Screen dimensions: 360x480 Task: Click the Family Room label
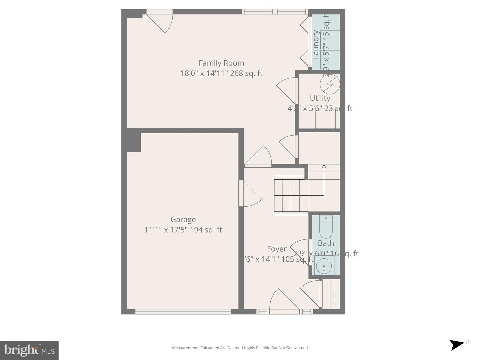[221, 63]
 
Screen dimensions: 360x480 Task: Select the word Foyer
[277, 249]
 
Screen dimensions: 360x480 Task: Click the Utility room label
[320, 98]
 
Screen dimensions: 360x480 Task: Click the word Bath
[326, 243]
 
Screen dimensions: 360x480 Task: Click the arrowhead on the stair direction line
[324, 166]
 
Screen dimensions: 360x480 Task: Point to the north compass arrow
[457, 344]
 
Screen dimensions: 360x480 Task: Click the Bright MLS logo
[29, 350]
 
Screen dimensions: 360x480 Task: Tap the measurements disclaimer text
[240, 348]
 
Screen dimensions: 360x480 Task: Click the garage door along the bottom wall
[183, 312]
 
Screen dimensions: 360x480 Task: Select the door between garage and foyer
[250, 194]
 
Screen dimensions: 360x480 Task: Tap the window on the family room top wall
[275, 12]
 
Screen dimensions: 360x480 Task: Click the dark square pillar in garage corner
[133, 140]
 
